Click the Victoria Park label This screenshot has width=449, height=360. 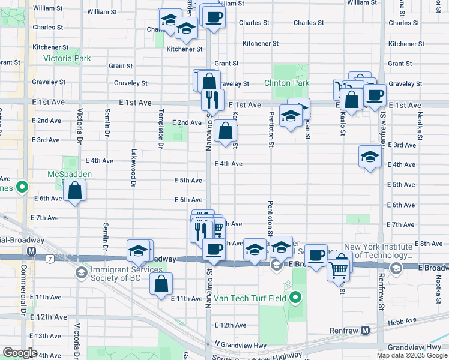67,59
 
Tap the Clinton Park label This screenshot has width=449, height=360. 286,83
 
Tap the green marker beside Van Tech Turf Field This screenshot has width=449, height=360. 295,298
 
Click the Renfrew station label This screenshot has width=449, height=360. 347,331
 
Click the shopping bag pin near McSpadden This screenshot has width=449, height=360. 76,191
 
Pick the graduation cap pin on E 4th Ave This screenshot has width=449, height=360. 370,157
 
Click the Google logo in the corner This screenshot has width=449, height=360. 20,352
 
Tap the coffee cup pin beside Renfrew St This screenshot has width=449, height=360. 375,95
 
